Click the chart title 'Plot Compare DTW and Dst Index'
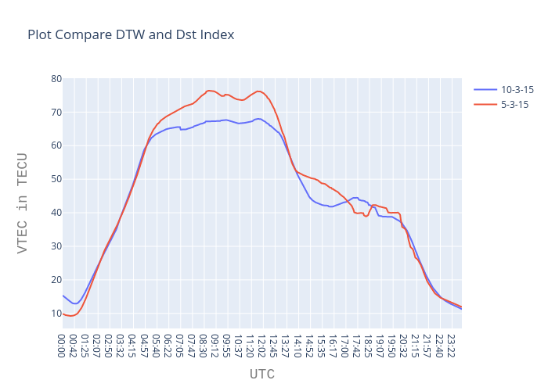(131, 35)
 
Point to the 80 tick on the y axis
(56, 79)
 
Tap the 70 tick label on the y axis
(56, 113)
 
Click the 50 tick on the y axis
(56, 179)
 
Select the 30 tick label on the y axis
(56, 246)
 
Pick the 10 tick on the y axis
(56, 314)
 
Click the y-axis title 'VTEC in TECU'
(23, 202)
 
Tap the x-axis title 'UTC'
(261, 375)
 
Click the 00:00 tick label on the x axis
(63, 345)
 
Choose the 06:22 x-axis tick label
(168, 345)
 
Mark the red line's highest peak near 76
(209, 91)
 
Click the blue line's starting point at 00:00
(63, 295)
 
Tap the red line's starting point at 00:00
(63, 314)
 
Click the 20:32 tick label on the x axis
(403, 345)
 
